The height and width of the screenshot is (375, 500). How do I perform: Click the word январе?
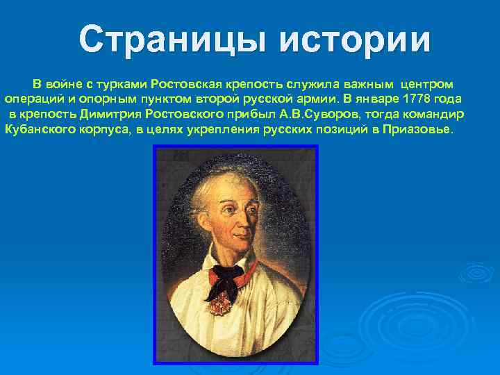372,99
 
